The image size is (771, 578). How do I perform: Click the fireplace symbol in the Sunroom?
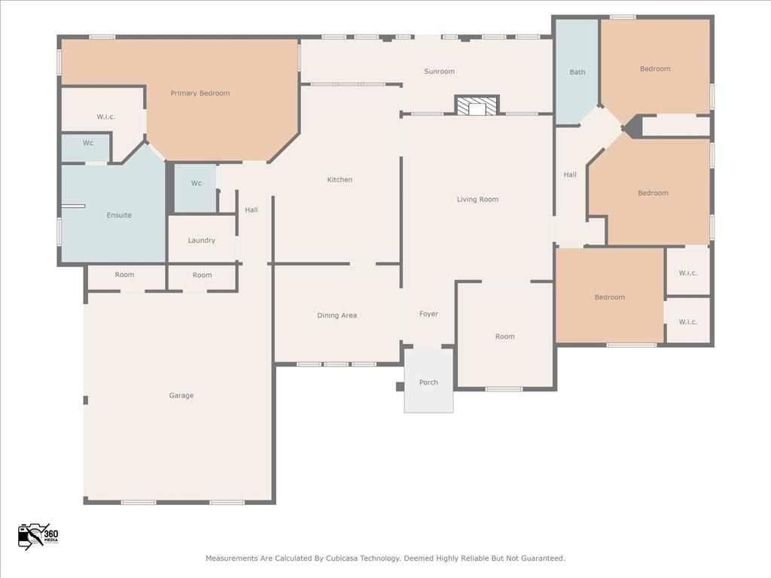[x=477, y=106]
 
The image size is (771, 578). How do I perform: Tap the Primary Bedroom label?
[x=200, y=93]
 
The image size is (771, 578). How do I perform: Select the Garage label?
[x=181, y=396]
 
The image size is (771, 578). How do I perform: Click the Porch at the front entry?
[x=428, y=382]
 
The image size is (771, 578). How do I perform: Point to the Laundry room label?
[x=201, y=241]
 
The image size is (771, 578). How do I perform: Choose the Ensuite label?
[x=119, y=215]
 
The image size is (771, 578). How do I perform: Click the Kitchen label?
[x=340, y=180]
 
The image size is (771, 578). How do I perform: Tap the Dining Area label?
[x=337, y=315]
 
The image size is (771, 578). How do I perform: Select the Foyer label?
[x=428, y=314]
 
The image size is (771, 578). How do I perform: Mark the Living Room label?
[x=477, y=199]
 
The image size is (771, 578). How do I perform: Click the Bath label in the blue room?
[x=577, y=72]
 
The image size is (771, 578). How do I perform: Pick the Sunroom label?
[x=439, y=71]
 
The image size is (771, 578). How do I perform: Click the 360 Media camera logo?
[x=38, y=535]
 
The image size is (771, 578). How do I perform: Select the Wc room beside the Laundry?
[x=196, y=184]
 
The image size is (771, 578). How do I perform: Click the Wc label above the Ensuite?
[x=88, y=143]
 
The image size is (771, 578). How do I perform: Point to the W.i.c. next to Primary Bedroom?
[x=105, y=117]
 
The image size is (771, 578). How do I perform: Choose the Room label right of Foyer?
[x=504, y=336]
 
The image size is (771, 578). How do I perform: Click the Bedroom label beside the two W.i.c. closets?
[x=609, y=297]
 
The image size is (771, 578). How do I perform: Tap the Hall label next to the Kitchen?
[x=251, y=210]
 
